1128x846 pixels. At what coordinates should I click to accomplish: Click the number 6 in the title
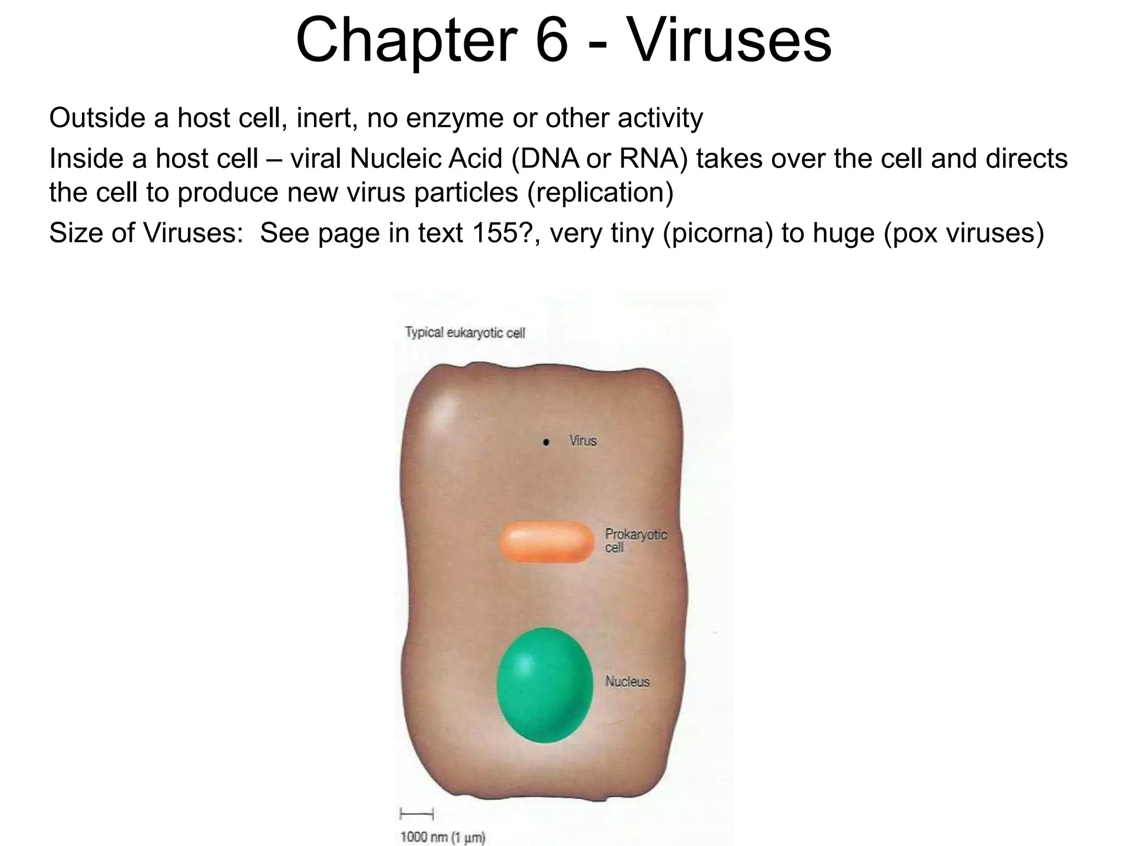point(551,41)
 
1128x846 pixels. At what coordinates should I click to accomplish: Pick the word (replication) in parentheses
point(600,192)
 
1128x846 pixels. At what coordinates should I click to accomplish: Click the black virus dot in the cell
point(546,442)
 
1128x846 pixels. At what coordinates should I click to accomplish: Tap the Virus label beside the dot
point(583,441)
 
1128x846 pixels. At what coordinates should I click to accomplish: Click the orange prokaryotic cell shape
point(547,543)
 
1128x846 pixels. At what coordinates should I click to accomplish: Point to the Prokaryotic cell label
point(635,540)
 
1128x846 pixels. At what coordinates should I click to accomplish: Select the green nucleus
point(545,685)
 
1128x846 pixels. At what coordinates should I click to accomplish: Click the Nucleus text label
point(627,681)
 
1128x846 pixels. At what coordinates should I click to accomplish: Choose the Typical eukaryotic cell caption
point(465,333)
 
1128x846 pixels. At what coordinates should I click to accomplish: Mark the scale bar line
point(416,814)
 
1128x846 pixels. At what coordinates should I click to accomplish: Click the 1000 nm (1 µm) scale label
point(442,837)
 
